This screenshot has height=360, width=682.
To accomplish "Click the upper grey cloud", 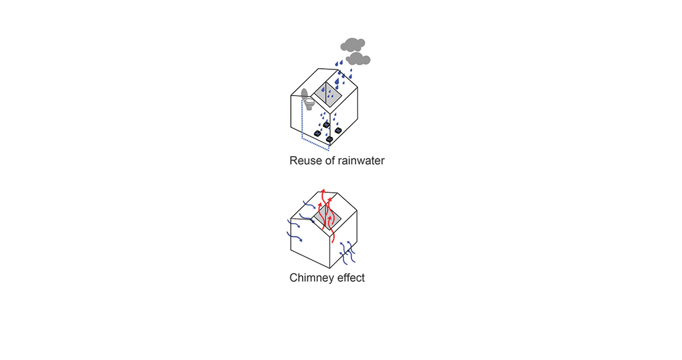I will (353, 44).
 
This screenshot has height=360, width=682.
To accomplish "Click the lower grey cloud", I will (358, 58).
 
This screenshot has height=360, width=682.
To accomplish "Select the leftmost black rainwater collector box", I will (318, 134).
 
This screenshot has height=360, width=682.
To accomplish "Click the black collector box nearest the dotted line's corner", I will (330, 139).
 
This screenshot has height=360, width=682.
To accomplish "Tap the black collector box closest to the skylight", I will (326, 125).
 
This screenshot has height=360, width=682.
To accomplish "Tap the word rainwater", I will (361, 160).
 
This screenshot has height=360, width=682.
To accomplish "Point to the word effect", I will (351, 278).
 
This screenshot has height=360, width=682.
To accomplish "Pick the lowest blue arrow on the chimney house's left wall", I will (294, 237).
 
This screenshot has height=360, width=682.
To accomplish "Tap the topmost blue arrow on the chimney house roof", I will (308, 204).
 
